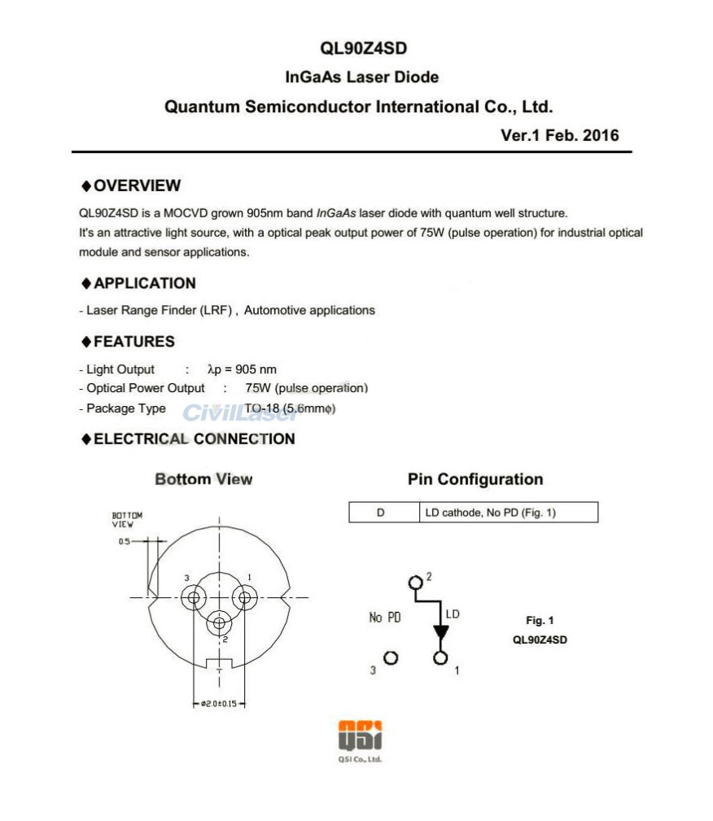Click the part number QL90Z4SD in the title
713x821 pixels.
358,48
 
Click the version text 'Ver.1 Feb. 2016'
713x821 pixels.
559,136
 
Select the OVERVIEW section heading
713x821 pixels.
137,186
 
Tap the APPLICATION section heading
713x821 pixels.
144,283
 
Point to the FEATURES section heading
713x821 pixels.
133,342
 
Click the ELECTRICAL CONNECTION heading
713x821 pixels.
194,439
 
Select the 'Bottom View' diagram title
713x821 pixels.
203,479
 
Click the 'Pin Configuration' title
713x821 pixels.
475,479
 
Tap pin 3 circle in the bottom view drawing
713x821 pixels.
194,598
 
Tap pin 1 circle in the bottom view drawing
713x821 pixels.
243,598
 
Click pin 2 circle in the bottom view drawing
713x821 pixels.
218,623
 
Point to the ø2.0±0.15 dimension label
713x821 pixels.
218,704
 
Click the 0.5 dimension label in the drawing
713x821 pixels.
124,541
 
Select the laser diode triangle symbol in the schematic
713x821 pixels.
441,631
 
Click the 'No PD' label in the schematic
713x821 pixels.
385,618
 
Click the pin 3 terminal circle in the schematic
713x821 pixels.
391,657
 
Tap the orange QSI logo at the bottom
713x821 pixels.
360,736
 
